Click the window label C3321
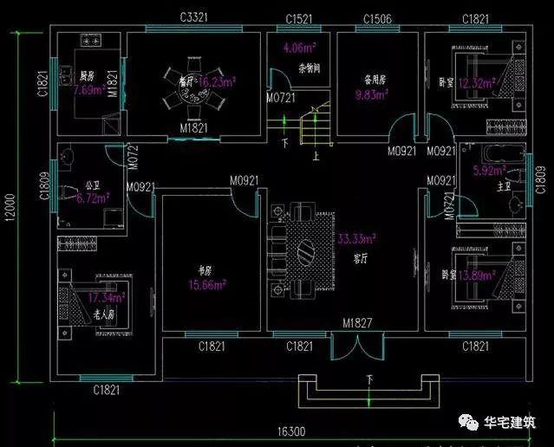pos(198,17)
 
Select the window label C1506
pos(377,18)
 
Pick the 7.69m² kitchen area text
pos(87,89)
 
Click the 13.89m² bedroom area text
pos(479,275)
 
